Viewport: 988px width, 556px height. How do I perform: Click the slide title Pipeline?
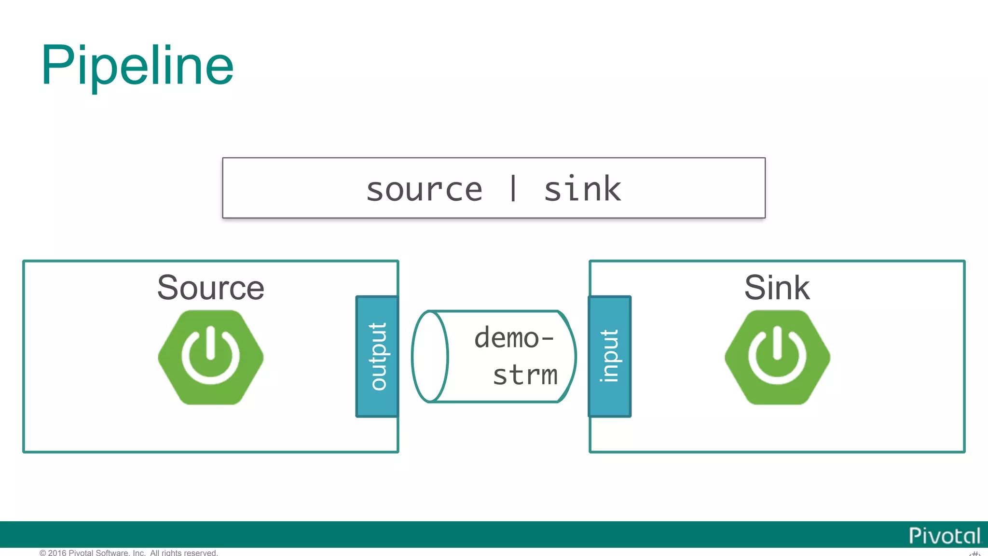pos(137,66)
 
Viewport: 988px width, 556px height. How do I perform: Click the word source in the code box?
pos(424,190)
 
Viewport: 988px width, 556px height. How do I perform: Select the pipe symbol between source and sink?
pos(513,188)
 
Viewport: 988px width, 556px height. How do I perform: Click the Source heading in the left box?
pos(211,288)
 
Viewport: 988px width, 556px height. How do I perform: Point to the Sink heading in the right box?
pos(777,288)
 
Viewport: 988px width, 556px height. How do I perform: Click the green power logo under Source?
pos(211,357)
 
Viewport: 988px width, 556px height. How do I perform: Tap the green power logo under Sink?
pos(777,357)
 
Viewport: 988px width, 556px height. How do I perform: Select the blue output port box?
pos(377,356)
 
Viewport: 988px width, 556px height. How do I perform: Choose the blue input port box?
pos(610,356)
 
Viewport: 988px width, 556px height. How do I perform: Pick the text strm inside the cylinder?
pos(525,375)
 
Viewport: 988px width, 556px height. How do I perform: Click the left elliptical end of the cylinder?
pos(430,356)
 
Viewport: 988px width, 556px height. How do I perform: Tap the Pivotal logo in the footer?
pos(944,535)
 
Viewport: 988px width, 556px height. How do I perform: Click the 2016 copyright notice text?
pos(129,552)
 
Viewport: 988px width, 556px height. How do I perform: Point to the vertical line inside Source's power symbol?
pos(210,343)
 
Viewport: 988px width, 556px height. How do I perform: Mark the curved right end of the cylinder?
pos(569,356)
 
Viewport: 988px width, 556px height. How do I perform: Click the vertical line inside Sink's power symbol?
pos(777,343)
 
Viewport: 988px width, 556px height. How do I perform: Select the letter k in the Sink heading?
pos(799,288)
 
